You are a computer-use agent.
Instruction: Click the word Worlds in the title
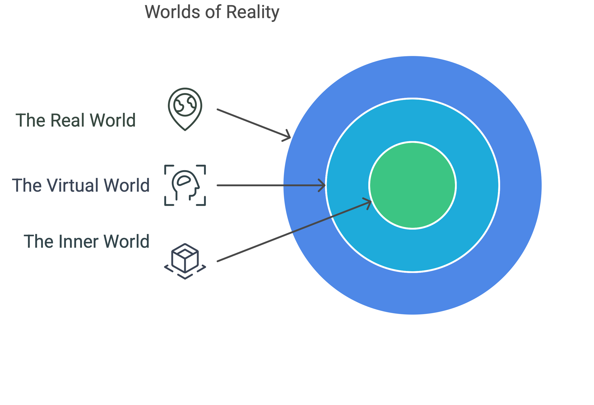pos(172,12)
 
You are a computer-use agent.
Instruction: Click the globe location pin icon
pos(185,109)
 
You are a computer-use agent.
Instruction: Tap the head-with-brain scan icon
pos(185,185)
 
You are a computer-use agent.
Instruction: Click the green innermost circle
pos(412,185)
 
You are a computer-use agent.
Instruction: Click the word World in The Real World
pos(113,120)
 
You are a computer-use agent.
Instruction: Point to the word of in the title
pos(213,12)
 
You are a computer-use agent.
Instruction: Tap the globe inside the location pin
pos(185,105)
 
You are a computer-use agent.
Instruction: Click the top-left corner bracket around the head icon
pos(168,169)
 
